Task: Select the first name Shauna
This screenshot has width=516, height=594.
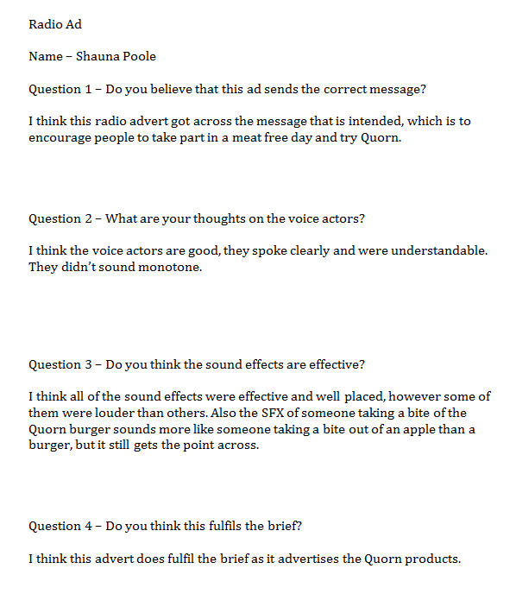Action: [x=98, y=57]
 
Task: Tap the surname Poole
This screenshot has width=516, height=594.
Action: [x=140, y=57]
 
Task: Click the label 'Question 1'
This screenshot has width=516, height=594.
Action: [x=62, y=89]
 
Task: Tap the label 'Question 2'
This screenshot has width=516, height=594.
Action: [x=62, y=218]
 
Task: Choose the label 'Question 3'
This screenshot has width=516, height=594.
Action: [x=62, y=364]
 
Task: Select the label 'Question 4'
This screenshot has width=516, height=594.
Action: [x=62, y=526]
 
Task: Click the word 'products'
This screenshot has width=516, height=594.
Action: [x=433, y=559]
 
